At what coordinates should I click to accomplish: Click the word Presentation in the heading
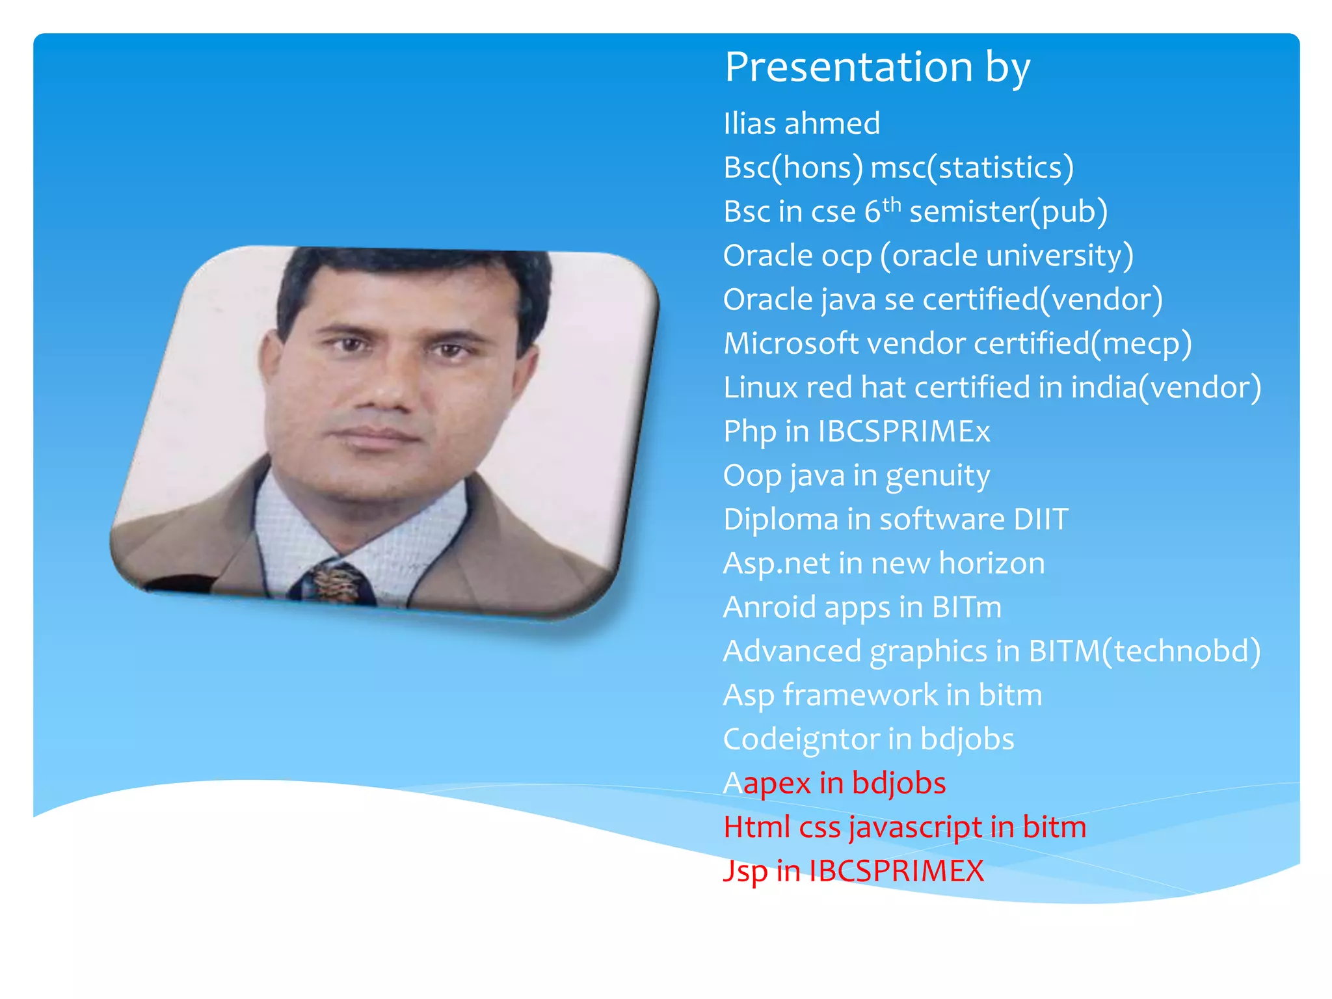[848, 68]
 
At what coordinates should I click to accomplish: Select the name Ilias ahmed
[801, 124]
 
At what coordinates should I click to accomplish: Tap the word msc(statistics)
[972, 168]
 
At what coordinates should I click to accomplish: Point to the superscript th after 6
[892, 204]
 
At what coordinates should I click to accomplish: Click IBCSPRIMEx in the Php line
[903, 431]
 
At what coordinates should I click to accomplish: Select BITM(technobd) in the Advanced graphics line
[1145, 652]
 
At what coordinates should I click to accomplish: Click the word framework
[860, 695]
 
